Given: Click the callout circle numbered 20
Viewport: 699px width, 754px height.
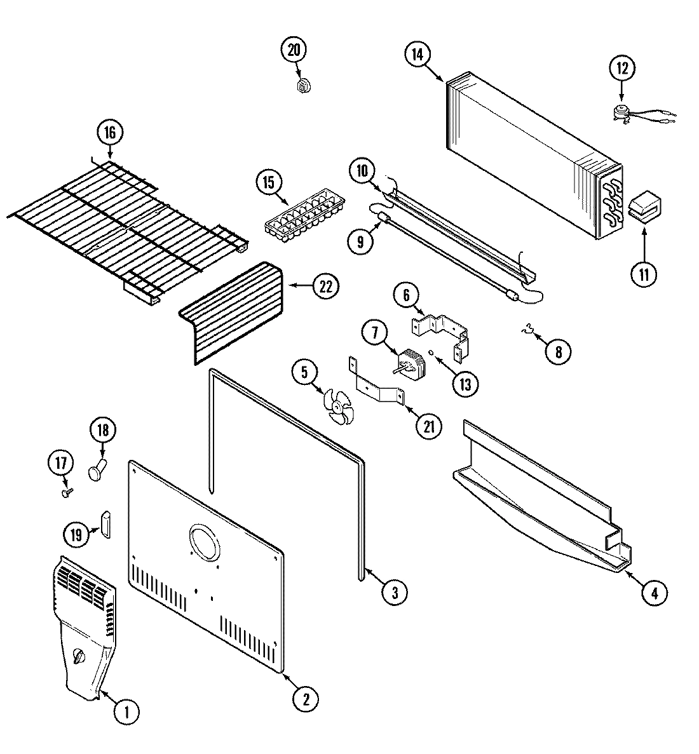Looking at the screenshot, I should click(294, 50).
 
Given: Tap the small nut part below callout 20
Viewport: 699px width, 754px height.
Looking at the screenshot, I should click(303, 84).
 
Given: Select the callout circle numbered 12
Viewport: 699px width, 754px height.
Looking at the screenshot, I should click(623, 68).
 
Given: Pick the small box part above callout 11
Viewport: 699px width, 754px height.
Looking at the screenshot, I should click(644, 206).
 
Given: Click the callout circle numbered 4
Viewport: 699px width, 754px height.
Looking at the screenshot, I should click(655, 593).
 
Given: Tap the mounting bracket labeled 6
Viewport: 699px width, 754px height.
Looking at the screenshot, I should click(442, 327).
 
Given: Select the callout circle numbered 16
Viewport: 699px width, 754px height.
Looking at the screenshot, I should click(110, 133).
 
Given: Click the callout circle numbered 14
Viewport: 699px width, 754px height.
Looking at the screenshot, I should click(417, 54).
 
